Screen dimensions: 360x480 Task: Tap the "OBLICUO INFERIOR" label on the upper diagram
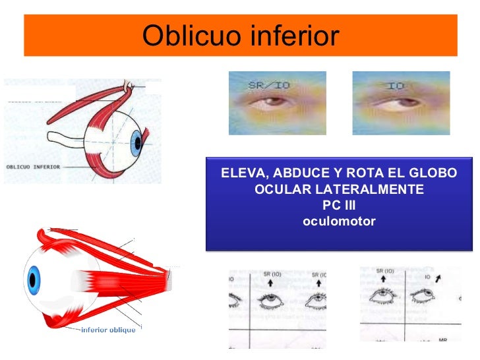[33, 167]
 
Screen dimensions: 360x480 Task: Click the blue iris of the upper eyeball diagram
[136, 142]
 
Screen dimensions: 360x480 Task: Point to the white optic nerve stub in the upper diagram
[67, 140]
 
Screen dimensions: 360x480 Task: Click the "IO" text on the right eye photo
[396, 86]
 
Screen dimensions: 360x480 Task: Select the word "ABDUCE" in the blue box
[295, 174]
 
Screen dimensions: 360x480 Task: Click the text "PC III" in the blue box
[339, 205]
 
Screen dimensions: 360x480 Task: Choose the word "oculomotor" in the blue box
[339, 221]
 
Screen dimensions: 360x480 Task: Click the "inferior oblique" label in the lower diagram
[108, 329]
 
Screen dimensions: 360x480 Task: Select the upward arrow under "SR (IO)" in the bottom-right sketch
[384, 280]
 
